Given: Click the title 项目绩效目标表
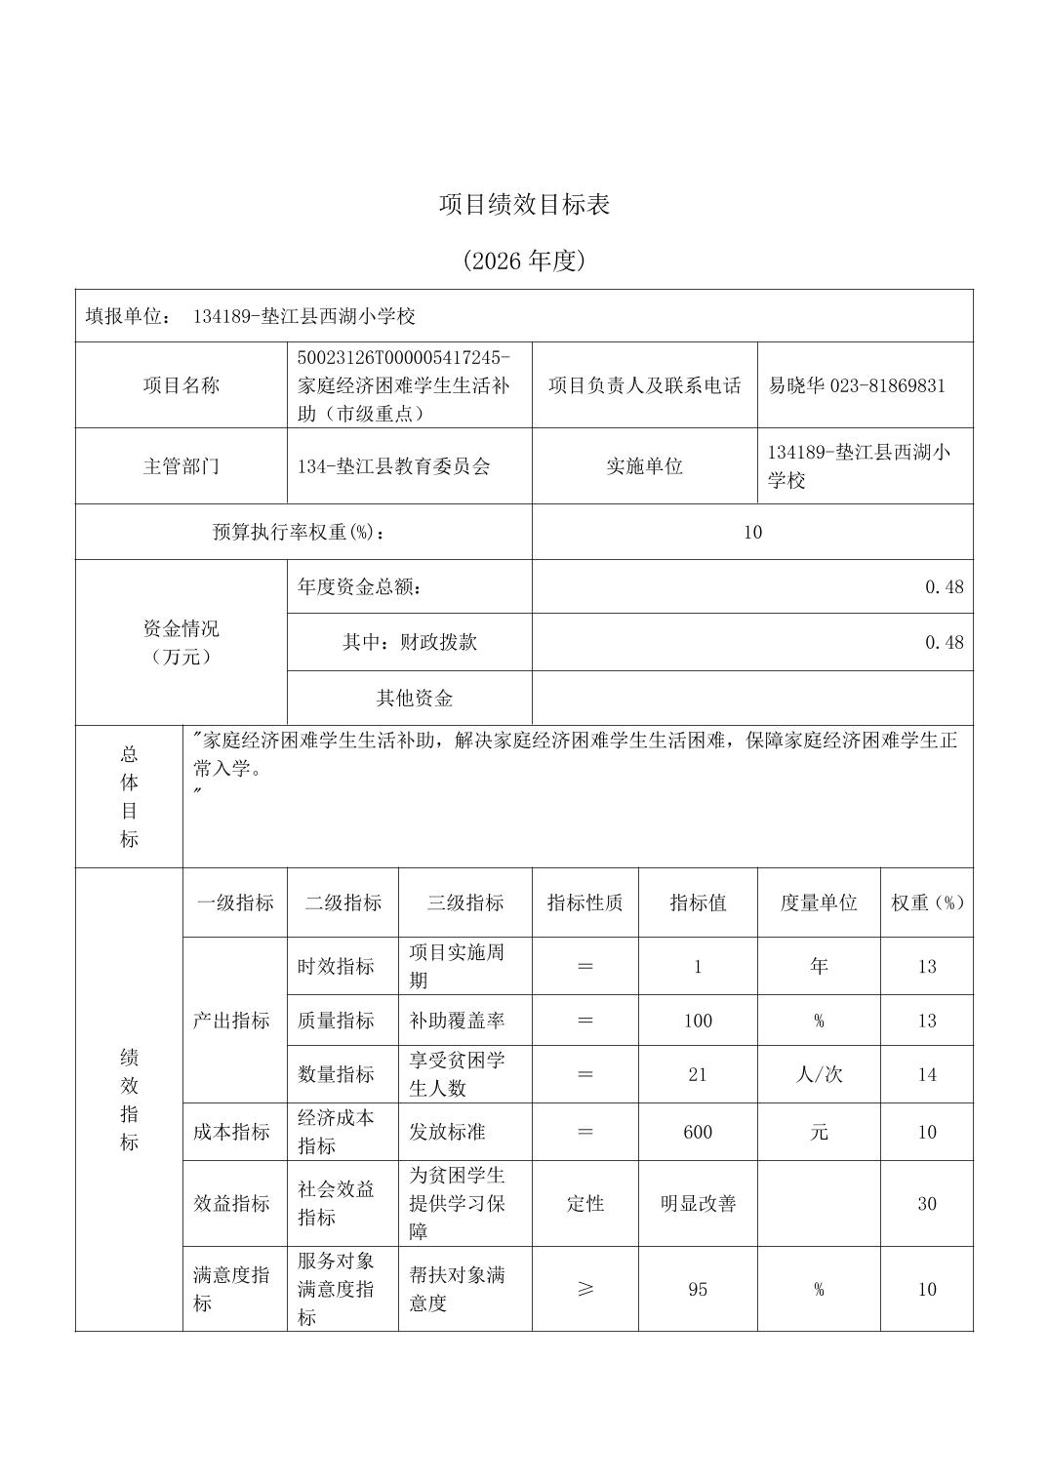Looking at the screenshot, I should [x=524, y=205].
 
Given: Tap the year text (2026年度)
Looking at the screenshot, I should [x=524, y=261].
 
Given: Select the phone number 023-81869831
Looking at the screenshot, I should [x=887, y=385].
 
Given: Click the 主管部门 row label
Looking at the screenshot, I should [x=181, y=466].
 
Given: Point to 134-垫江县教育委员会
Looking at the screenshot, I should [x=394, y=466].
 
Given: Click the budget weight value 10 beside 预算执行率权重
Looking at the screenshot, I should [x=752, y=533].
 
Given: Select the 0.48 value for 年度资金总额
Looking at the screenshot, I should [x=944, y=587].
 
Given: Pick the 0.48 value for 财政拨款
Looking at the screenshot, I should [x=944, y=643].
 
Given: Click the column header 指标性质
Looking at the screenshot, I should [x=585, y=903].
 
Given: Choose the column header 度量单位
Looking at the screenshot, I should [x=819, y=903].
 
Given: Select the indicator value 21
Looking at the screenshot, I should [x=698, y=1075].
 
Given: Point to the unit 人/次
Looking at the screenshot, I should [x=819, y=1075].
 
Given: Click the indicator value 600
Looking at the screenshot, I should [x=698, y=1133].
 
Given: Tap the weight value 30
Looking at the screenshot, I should [x=927, y=1204].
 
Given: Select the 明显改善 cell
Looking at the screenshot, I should [x=698, y=1204].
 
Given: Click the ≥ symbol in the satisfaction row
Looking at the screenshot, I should [x=585, y=1290].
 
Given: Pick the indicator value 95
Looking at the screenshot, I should [x=698, y=1290].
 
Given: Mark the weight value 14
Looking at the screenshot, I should [x=927, y=1075].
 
